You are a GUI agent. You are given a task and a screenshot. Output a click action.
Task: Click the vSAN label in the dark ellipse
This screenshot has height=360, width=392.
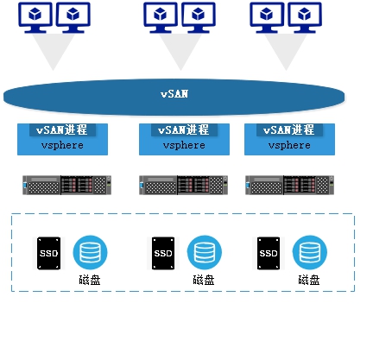tap(174, 94)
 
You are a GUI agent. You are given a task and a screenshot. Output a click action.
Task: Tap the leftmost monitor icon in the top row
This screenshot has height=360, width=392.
tap(35, 17)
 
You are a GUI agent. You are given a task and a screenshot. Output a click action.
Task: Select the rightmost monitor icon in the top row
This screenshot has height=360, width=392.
tap(305, 17)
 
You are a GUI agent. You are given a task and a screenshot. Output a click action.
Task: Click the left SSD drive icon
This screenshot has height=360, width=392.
tap(49, 253)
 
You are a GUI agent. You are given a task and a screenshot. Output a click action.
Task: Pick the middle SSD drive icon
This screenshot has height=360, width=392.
tap(163, 253)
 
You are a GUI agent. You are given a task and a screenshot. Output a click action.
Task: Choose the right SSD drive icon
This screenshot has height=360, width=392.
tap(269, 253)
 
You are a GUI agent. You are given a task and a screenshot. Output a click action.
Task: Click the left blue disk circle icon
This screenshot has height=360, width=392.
tap(90, 252)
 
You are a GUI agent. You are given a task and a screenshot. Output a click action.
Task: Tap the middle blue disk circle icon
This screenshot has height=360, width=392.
tap(205, 252)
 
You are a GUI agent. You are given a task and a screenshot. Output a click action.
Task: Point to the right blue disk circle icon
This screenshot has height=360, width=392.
tap(310, 252)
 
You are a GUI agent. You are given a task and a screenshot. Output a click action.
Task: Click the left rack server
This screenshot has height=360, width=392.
tap(66, 185)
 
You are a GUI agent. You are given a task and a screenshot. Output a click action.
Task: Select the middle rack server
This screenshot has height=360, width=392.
tap(183, 185)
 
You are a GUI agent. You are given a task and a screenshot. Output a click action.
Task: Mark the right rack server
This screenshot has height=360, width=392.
tap(289, 185)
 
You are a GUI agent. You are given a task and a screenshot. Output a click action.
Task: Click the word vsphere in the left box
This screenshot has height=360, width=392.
tap(62, 145)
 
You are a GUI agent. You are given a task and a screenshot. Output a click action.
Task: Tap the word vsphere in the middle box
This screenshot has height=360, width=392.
tap(184, 145)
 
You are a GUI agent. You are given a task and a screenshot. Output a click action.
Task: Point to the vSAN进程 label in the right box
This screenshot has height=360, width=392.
tap(289, 129)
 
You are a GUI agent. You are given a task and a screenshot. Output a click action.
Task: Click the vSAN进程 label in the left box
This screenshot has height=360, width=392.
tap(62, 129)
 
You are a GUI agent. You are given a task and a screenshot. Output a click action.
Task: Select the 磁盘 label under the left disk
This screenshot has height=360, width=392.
tap(90, 280)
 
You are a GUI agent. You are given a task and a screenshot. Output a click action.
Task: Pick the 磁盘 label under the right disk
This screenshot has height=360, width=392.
tap(309, 280)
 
